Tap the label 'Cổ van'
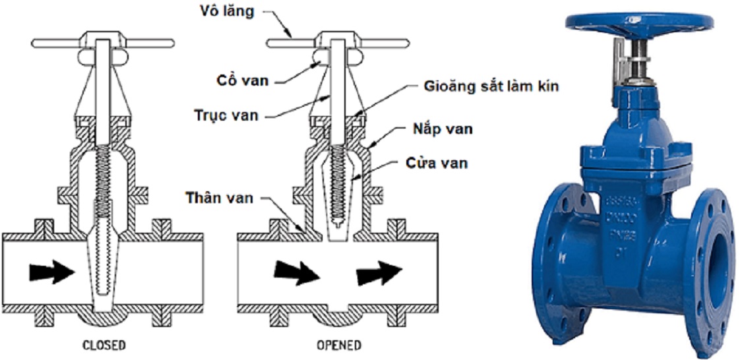pyautogui.click(x=242, y=80)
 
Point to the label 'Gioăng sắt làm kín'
pyautogui.click(x=491, y=86)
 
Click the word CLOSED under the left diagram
pyautogui.click(x=104, y=345)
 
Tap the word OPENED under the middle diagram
pyautogui.click(x=338, y=345)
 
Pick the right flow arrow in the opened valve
pyautogui.click(x=379, y=271)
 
